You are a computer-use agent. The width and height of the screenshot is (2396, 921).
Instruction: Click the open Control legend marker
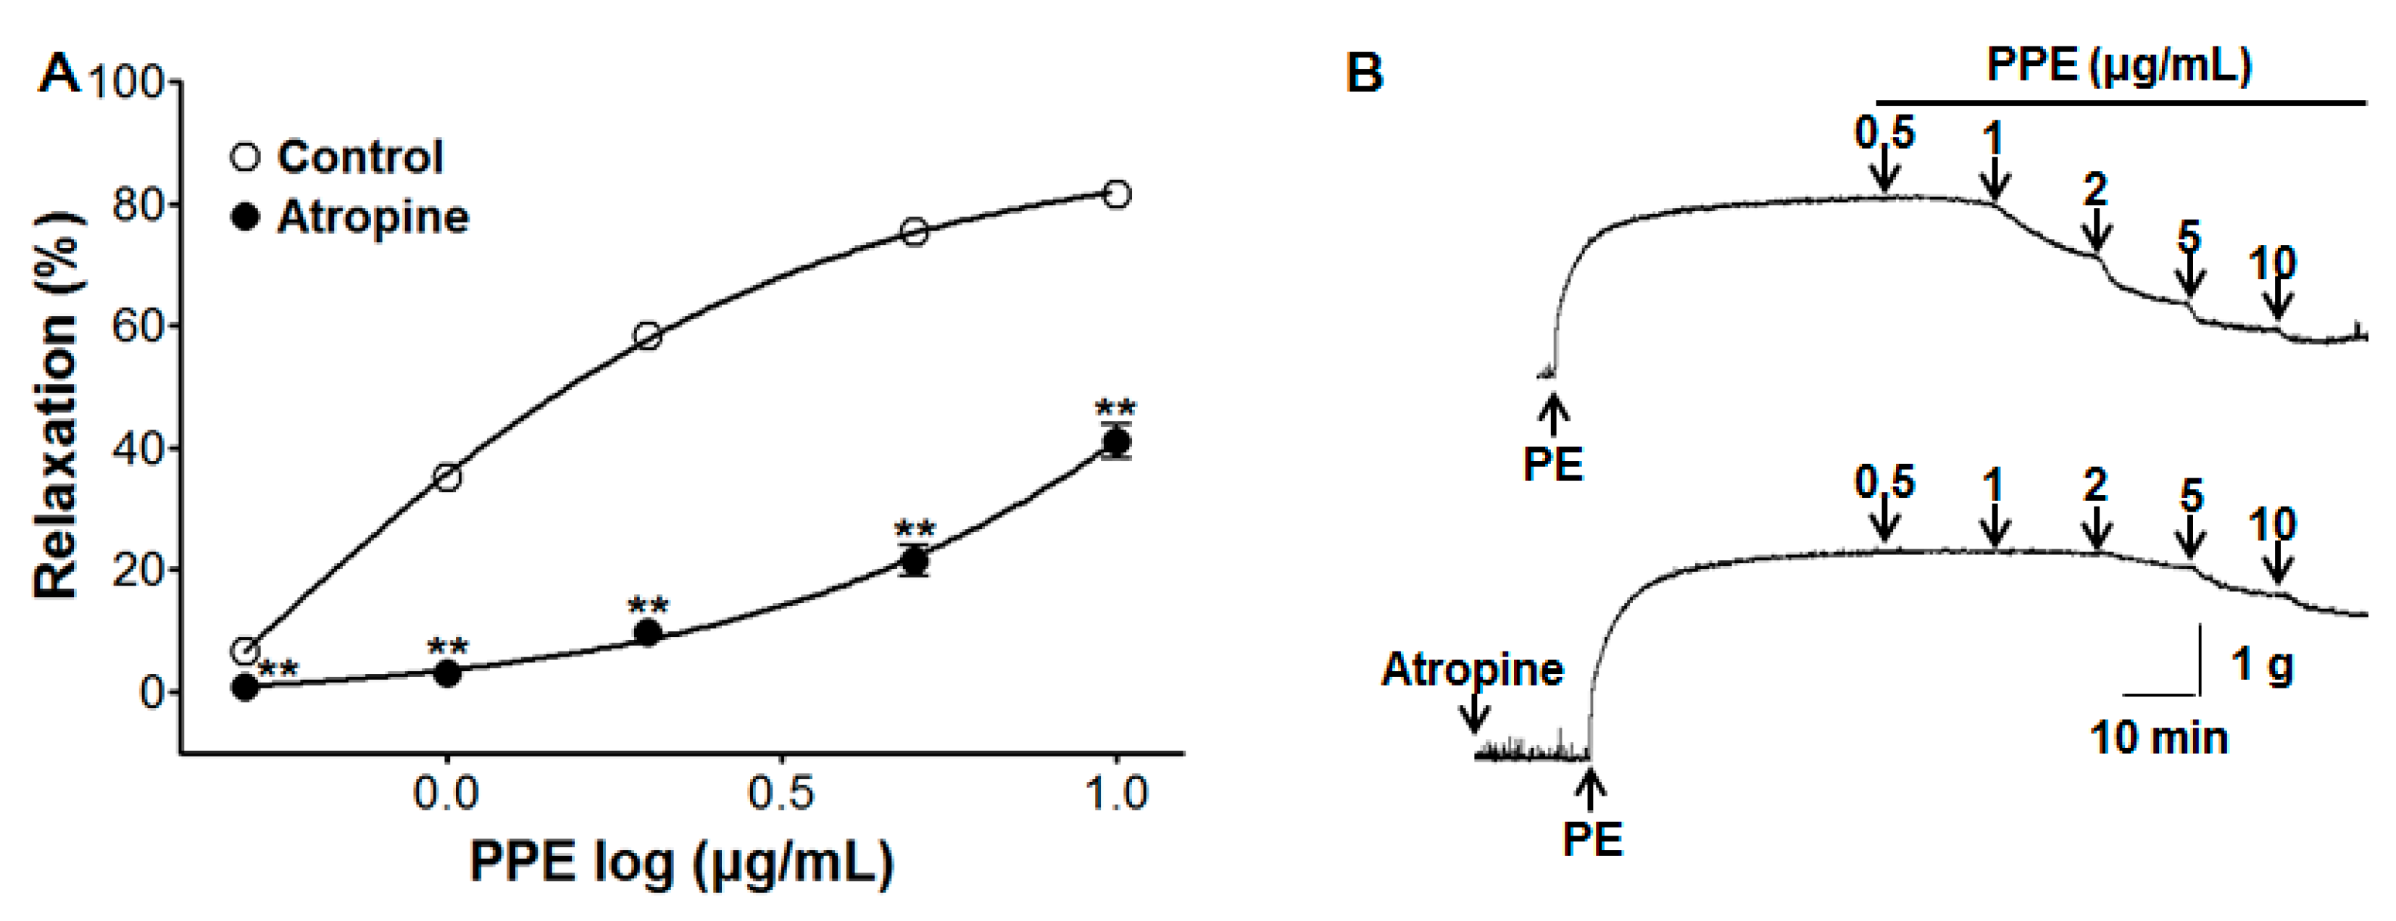[x=245, y=157]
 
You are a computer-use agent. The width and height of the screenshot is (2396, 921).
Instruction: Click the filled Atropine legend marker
[x=245, y=217]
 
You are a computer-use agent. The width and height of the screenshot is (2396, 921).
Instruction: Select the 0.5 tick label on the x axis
[x=781, y=793]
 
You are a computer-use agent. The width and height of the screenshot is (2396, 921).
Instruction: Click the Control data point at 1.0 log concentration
[x=1117, y=194]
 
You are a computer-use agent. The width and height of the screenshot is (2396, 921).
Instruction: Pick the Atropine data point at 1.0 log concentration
[x=1116, y=443]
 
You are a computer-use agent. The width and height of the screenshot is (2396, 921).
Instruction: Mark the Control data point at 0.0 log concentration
[x=447, y=478]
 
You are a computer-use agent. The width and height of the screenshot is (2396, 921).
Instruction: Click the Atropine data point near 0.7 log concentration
[x=915, y=561]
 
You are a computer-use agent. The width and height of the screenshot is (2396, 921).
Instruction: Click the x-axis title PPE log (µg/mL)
[x=682, y=862]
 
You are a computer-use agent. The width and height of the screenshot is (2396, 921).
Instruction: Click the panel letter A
[x=59, y=72]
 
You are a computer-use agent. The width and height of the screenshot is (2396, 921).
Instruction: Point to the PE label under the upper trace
[x=1552, y=463]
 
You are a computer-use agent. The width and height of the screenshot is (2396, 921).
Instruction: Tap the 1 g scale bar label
[x=2262, y=666]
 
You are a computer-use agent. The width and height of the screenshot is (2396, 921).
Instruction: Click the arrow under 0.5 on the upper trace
[x=1884, y=172]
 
